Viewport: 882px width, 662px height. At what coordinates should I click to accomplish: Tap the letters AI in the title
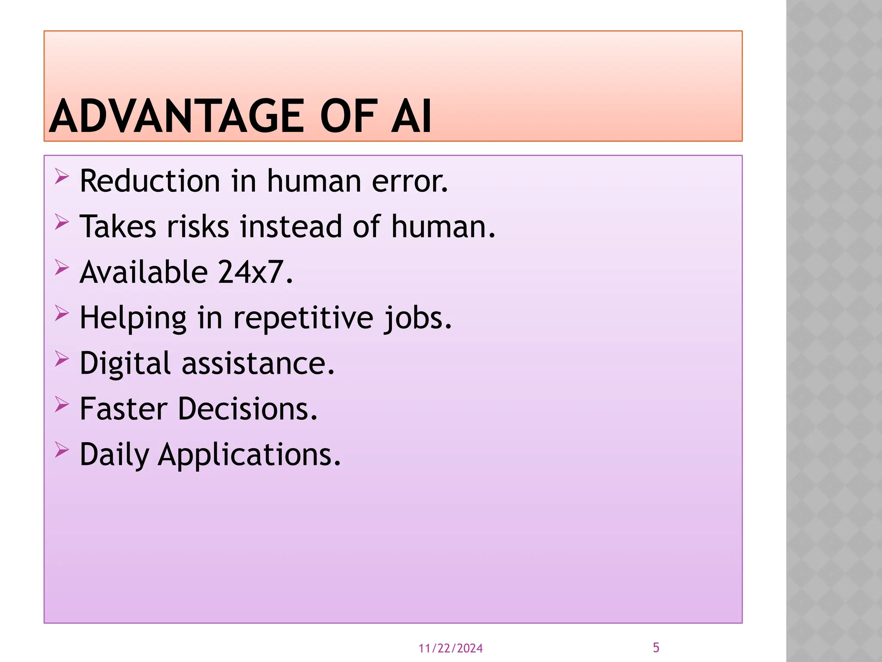coord(411,116)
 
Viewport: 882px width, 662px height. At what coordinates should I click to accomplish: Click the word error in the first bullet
coord(410,182)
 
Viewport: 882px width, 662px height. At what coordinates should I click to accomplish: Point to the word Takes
coord(118,227)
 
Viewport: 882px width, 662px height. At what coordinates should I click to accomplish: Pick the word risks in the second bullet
coord(198,227)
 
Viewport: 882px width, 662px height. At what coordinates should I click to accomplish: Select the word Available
coord(144,272)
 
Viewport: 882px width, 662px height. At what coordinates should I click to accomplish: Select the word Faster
coord(124,409)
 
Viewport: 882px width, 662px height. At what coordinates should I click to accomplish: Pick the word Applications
coord(249,455)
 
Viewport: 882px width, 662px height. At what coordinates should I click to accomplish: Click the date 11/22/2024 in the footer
coord(450,648)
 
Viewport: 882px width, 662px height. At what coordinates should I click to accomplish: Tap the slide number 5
coord(656,647)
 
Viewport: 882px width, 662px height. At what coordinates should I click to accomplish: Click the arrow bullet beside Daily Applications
coord(62,450)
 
